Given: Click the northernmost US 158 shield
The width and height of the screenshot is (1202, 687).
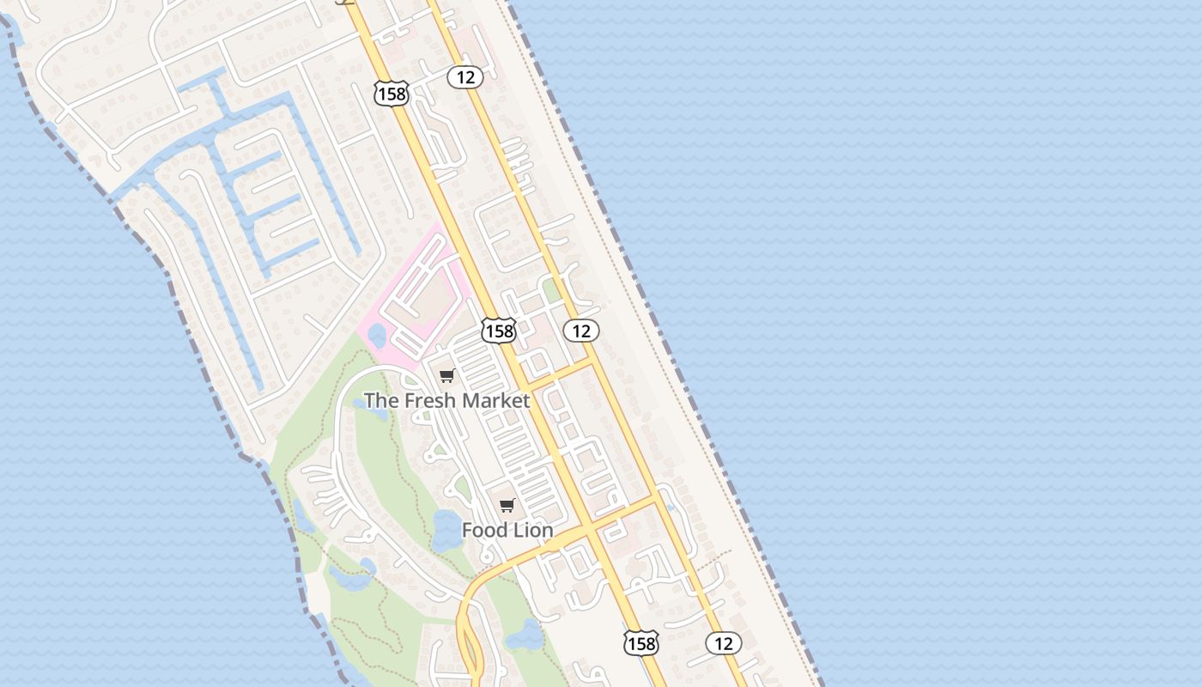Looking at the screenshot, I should click(392, 94).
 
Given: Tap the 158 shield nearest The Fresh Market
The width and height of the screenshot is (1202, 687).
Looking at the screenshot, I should click(498, 330).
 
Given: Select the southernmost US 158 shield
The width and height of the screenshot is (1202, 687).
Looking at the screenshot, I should click(640, 642).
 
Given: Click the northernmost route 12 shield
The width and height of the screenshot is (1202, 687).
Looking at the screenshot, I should click(464, 77).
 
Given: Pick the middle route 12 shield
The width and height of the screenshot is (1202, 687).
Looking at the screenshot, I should click(581, 331).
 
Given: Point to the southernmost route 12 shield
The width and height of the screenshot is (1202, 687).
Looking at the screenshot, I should click(723, 642).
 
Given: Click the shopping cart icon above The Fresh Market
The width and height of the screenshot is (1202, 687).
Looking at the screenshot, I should click(446, 375).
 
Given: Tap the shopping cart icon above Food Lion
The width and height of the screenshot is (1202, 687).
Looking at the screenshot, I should click(507, 505).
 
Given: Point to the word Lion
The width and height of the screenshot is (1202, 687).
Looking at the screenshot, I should click(531, 530).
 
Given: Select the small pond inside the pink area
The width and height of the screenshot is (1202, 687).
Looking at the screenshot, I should click(376, 336).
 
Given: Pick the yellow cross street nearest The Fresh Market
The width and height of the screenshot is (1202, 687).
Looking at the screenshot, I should click(562, 375).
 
